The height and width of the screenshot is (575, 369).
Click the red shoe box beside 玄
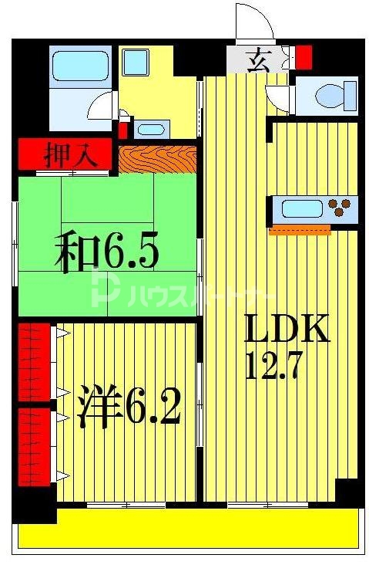304,56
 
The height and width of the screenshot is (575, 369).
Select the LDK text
286,330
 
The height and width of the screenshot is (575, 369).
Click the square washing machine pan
136,62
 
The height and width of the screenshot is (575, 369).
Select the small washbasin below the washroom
153,128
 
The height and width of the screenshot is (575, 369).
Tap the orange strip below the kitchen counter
300,228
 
